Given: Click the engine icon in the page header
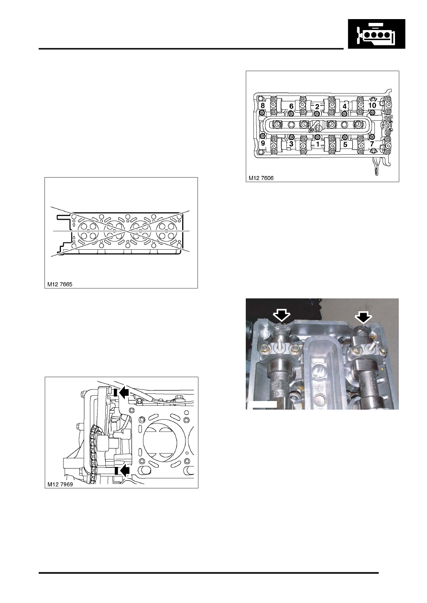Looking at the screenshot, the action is [x=376, y=33].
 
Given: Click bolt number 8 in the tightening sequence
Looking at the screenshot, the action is [x=263, y=105].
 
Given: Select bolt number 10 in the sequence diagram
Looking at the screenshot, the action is [x=372, y=105].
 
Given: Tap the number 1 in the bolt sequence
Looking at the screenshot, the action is [x=318, y=144].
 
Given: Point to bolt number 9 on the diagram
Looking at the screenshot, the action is [x=263, y=143].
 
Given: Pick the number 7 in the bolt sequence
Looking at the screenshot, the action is [x=372, y=144].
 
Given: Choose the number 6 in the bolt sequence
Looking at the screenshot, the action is [x=291, y=106].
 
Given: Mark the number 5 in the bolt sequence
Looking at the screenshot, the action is [x=345, y=144].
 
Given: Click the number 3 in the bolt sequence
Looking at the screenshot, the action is [x=291, y=144].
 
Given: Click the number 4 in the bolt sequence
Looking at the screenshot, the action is [x=344, y=106].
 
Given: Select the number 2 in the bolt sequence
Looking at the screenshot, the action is [x=318, y=106].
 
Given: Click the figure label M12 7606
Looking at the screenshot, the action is [x=261, y=178].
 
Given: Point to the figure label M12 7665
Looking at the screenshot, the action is [x=60, y=284].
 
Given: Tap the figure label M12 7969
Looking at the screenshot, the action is [x=60, y=484].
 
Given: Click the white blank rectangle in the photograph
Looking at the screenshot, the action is [x=263, y=405].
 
